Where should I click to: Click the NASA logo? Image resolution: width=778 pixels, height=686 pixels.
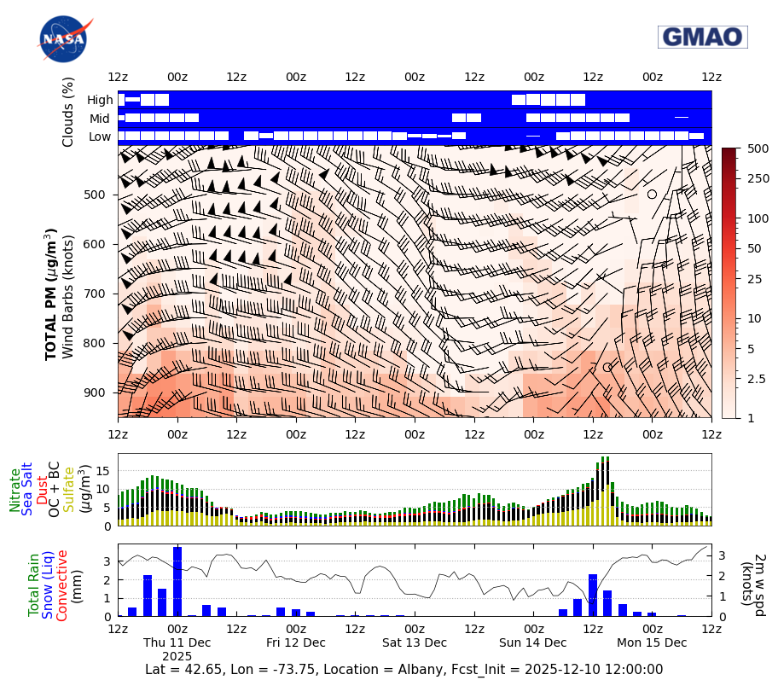62,39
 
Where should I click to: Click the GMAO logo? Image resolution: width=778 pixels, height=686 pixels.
702,38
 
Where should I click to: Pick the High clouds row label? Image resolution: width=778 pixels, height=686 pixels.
99,100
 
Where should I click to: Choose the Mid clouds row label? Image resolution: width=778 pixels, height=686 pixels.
100,119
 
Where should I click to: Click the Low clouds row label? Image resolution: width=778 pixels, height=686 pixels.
99,137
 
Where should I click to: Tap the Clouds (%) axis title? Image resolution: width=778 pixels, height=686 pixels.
68,112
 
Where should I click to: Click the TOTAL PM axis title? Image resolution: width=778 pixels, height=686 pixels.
52,294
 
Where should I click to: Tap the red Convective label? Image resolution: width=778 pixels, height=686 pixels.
61,585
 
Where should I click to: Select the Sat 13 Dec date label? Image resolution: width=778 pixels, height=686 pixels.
415,642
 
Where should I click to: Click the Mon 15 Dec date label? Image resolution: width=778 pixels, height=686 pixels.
652,642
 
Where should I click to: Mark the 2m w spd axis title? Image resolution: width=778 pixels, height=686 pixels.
759,580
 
